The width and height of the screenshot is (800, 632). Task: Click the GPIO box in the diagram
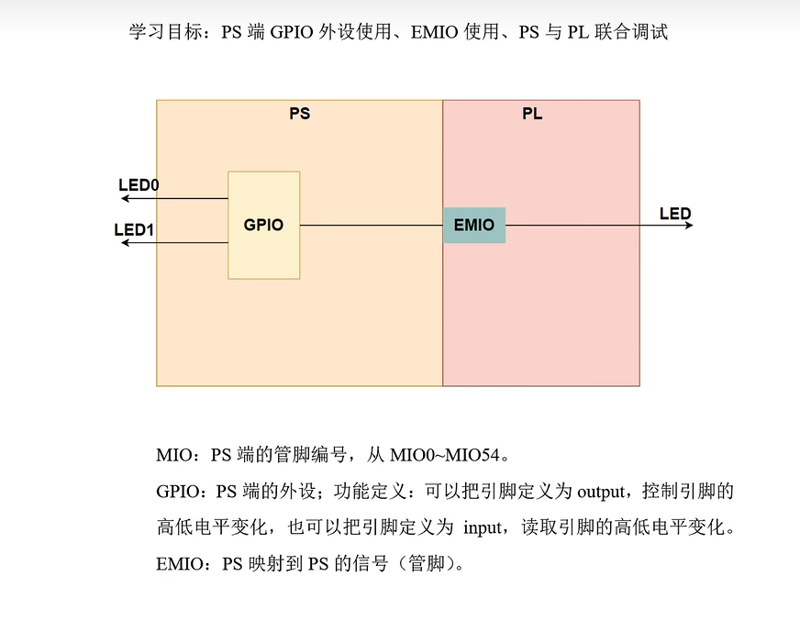click(263, 225)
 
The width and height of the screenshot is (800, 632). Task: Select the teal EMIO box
click(473, 225)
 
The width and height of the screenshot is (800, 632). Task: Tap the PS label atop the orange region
click(299, 115)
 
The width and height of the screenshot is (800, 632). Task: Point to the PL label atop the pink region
click(532, 115)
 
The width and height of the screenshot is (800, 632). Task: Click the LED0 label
click(139, 185)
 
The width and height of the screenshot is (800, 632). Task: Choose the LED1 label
click(134, 229)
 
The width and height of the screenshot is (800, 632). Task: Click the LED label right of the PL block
click(675, 215)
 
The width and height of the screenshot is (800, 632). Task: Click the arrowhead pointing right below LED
click(688, 226)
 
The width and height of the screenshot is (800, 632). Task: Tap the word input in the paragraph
click(483, 528)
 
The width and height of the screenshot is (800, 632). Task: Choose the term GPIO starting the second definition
click(178, 492)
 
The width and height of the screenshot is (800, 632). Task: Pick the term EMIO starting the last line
click(181, 564)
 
